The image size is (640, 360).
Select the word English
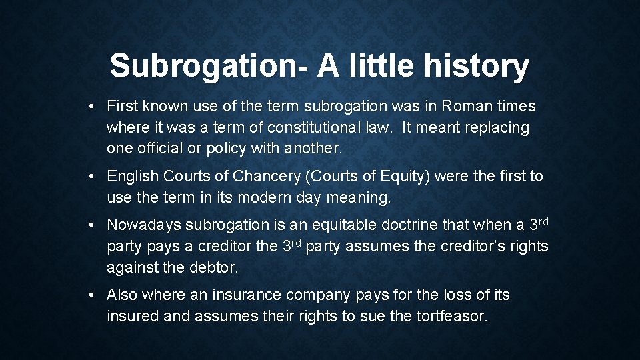(x=133, y=177)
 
